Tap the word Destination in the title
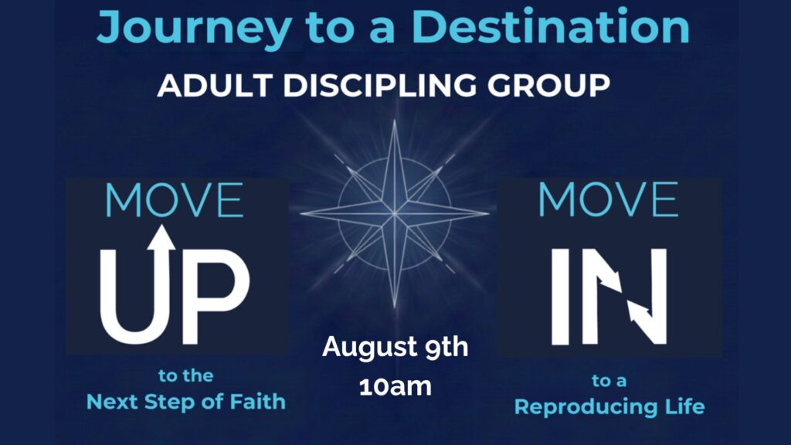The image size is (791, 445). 550,26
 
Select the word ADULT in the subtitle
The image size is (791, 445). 216,85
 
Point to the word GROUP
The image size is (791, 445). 549,85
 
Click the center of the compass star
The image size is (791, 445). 395,214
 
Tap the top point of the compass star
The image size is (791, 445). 395,120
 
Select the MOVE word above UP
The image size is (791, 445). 174,200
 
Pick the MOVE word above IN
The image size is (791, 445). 608,200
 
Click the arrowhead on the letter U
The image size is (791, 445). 161,237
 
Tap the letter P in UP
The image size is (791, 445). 216,296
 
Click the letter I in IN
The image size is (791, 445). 561,296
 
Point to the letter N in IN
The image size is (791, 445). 624,296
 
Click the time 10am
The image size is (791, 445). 395,387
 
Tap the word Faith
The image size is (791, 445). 257,402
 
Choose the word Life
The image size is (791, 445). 684,406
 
